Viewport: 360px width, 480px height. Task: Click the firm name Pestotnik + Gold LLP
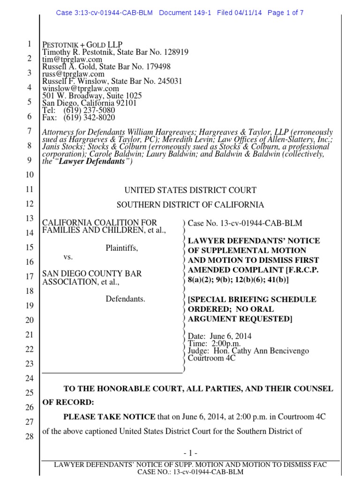coord(82,45)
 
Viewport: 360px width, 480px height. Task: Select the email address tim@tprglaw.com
coord(72,60)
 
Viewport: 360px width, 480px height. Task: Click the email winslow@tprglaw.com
coord(81,89)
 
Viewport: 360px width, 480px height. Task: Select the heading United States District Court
coord(190,190)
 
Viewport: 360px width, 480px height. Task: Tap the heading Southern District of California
coord(190,205)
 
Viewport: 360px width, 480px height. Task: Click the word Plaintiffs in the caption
coord(121,248)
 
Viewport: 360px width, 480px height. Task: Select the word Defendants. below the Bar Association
coord(125,298)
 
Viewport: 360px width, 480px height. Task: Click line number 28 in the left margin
coord(29,437)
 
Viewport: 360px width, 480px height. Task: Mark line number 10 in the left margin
coord(29,175)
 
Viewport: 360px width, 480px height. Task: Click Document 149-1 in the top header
coord(186,13)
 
